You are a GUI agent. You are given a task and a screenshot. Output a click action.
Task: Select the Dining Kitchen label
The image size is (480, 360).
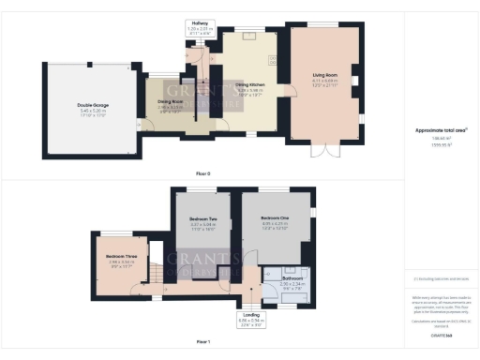248,86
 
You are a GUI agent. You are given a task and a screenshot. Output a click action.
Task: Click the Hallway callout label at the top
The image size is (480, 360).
199,21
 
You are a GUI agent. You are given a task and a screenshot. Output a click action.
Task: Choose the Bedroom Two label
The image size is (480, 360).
196,220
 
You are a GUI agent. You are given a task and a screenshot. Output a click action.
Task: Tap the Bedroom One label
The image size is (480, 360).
275,218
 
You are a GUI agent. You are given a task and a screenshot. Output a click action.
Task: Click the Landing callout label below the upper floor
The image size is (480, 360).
250,315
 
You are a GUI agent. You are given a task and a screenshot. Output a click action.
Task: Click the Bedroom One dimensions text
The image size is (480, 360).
275,226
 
